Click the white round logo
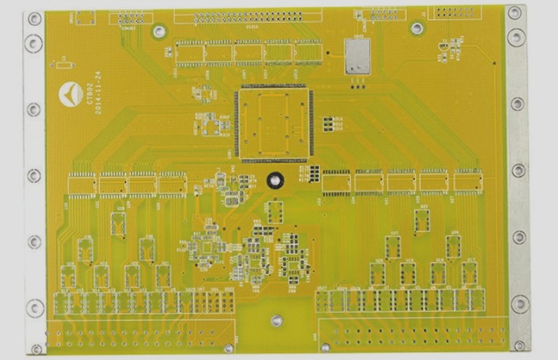(70, 93)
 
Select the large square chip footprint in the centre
(273, 124)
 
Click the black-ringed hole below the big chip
(274, 180)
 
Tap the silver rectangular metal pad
(357, 55)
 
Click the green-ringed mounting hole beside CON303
(159, 32)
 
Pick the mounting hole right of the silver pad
(417, 29)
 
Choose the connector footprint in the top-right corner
(454, 12)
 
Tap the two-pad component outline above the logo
(63, 65)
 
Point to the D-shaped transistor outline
(442, 47)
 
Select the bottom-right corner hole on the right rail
(519, 345)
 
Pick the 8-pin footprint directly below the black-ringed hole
(274, 212)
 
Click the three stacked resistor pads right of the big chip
(327, 124)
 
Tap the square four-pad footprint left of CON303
(85, 18)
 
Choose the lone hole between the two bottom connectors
(277, 321)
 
